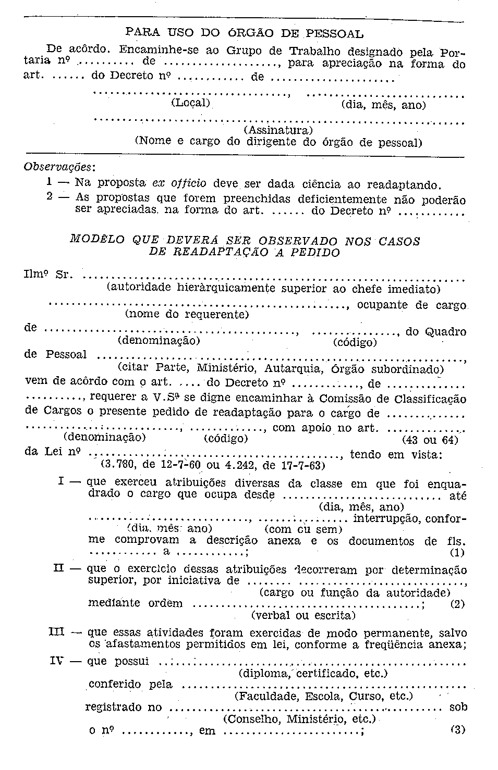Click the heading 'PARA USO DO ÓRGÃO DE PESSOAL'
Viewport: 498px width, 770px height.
245,34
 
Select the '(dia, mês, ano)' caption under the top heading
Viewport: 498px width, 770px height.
383,105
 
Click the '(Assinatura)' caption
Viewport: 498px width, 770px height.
277,129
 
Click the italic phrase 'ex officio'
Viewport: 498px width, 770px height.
179,183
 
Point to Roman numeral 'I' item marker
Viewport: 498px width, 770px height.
62,482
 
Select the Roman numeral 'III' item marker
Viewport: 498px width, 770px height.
56,632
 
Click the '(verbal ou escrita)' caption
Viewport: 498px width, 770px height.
303,616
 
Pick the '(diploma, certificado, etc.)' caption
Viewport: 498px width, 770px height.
313,674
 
